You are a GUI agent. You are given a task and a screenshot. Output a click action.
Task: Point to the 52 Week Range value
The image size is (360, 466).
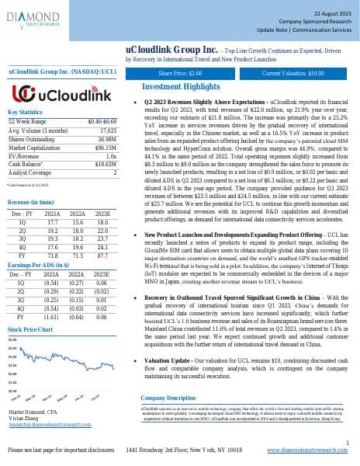coord(102,121)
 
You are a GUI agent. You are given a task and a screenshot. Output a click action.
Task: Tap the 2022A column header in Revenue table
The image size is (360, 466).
coord(78,190)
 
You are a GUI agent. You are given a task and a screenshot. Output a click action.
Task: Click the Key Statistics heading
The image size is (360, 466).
coord(24,113)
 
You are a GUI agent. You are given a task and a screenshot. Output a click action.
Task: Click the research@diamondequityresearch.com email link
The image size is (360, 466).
coord(49,424)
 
